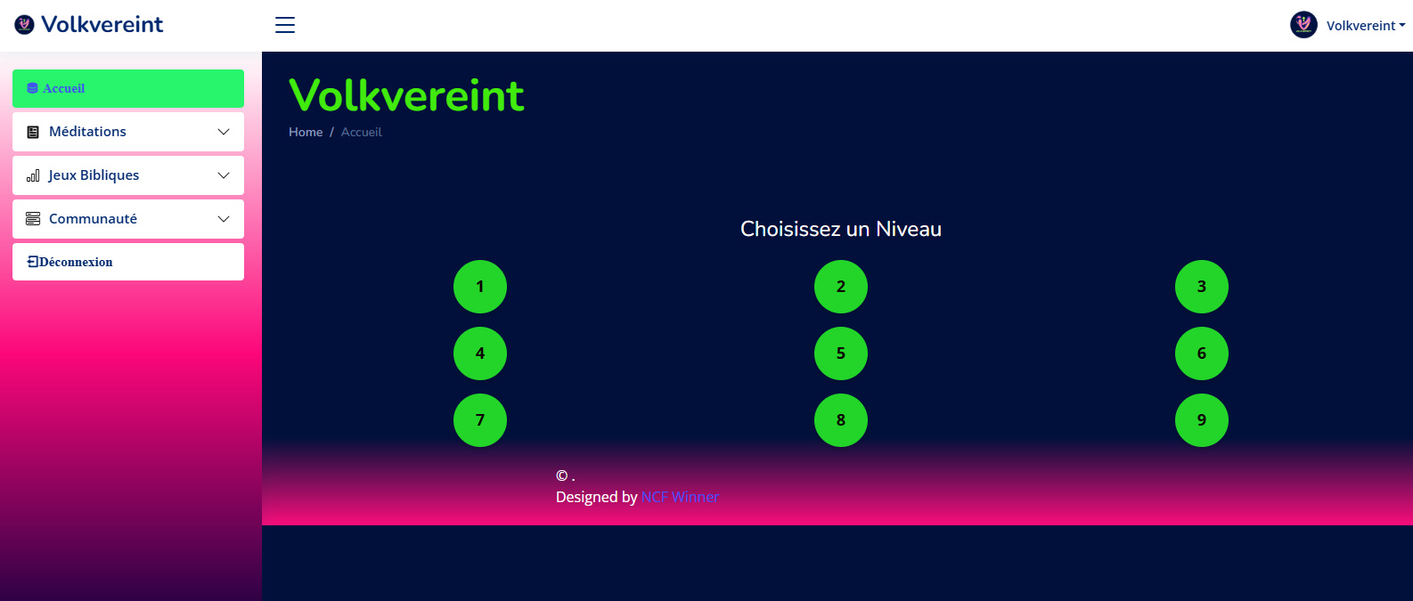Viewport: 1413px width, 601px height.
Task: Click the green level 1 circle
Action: point(480,287)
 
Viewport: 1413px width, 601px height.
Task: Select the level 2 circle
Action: point(841,287)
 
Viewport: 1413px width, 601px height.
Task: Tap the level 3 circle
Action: point(1202,287)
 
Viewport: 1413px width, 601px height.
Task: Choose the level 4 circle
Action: point(480,353)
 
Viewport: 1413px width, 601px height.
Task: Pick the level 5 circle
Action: point(841,353)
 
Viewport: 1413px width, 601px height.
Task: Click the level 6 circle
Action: point(1202,353)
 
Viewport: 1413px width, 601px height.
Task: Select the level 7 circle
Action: point(480,420)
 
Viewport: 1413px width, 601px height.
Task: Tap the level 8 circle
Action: point(841,420)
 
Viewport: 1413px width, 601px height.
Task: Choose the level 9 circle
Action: point(1202,420)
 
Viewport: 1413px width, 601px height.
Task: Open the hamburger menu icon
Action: point(285,25)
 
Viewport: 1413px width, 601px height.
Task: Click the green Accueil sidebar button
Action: point(128,88)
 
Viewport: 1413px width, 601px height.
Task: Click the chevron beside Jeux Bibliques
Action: point(224,175)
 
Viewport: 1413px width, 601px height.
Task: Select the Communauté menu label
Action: point(93,219)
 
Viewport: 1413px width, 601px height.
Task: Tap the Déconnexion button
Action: point(128,262)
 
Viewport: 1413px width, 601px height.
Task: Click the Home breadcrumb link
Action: point(306,132)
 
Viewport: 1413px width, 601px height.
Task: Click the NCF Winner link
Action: point(680,497)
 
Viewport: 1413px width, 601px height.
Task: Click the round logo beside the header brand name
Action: point(24,25)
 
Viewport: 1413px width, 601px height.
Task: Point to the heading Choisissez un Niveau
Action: point(841,229)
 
